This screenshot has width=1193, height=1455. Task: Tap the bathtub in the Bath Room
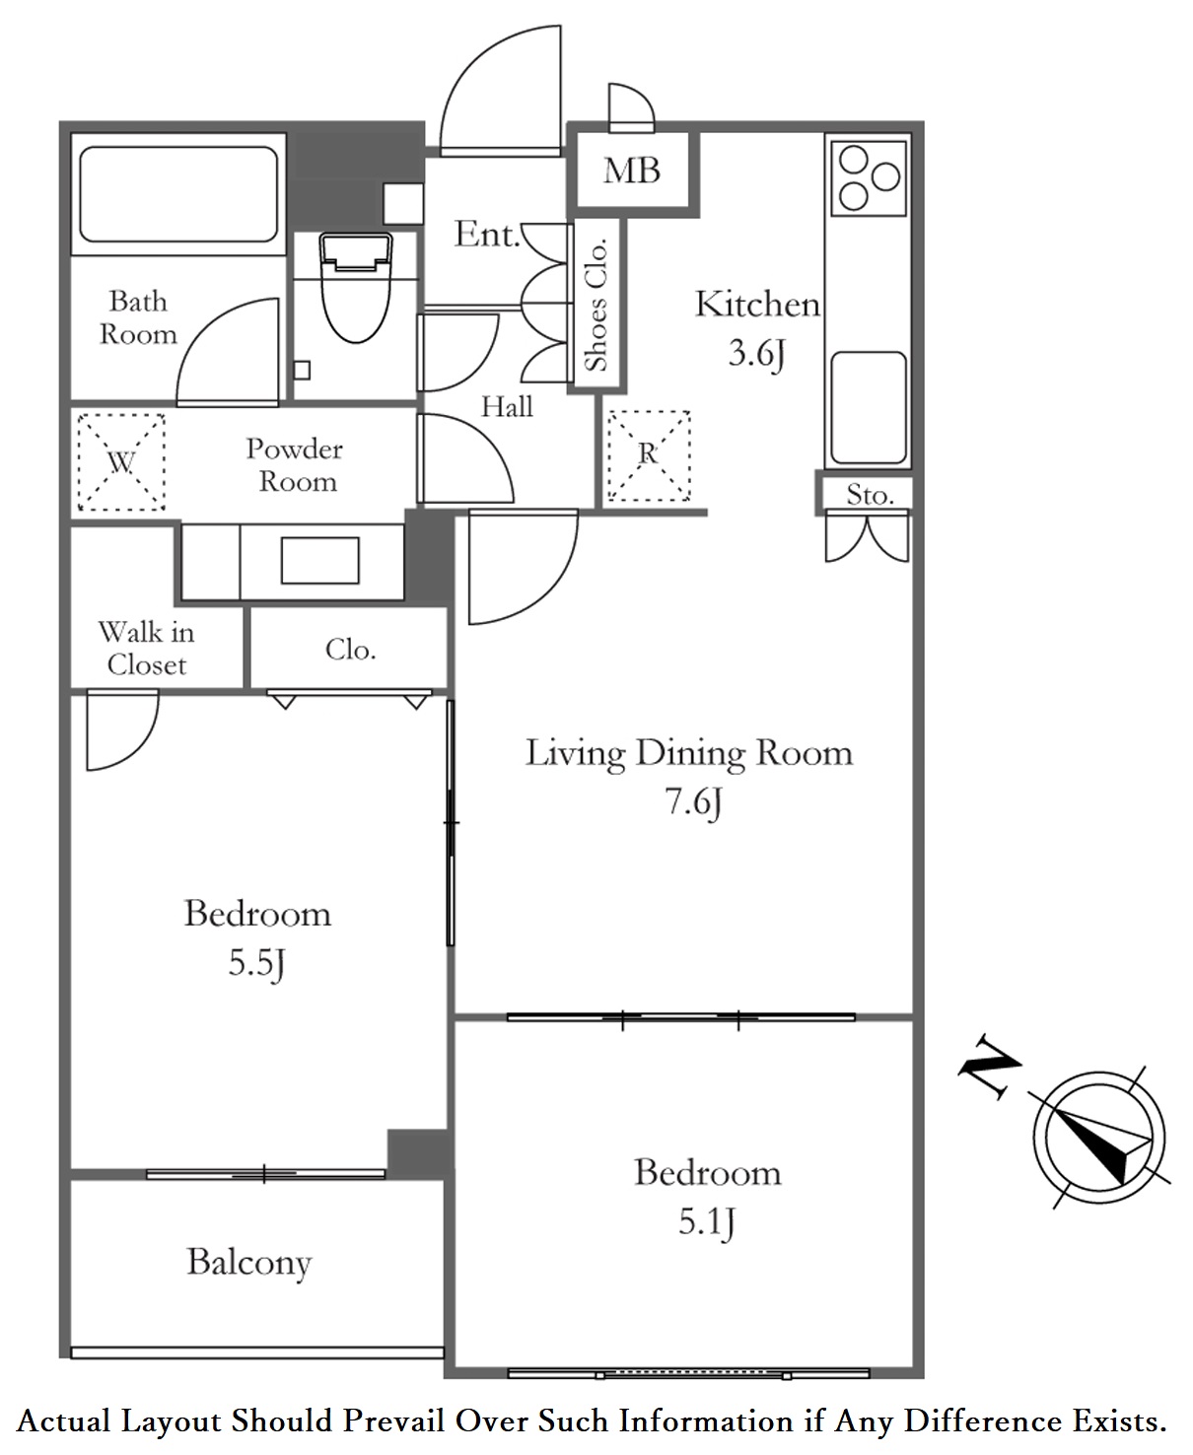(178, 194)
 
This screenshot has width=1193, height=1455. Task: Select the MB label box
(632, 170)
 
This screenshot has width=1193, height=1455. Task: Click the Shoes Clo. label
(596, 305)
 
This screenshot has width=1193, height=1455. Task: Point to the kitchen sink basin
(869, 408)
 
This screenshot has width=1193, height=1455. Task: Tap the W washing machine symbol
(121, 461)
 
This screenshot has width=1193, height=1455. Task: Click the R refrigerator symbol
(649, 455)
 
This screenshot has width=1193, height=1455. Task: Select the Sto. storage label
(870, 494)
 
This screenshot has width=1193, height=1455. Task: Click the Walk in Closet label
(146, 649)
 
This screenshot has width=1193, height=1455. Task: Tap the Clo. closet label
(351, 650)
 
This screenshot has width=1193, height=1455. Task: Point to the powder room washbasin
(320, 560)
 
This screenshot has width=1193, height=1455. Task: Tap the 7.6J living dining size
(693, 801)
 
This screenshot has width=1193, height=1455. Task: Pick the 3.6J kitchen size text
(757, 353)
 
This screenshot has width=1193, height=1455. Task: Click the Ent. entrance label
(487, 235)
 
